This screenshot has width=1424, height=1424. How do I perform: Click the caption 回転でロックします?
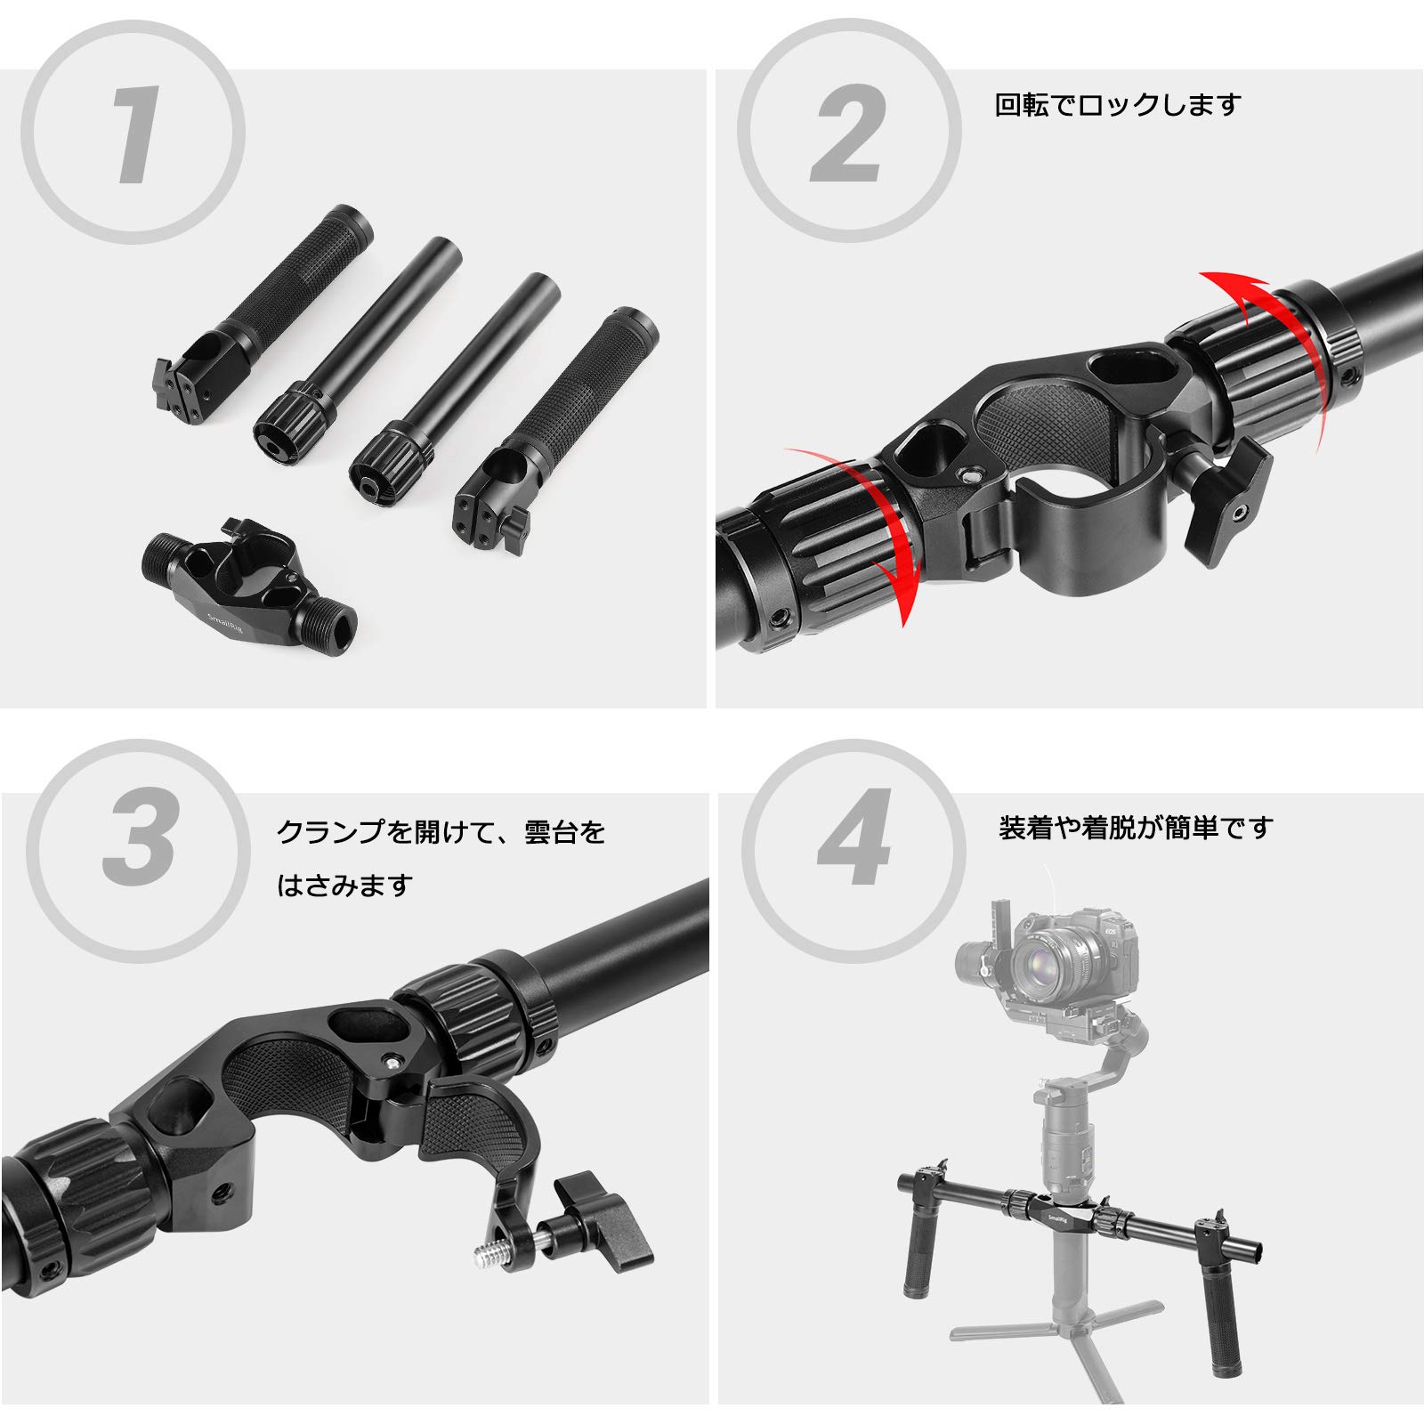click(x=1117, y=106)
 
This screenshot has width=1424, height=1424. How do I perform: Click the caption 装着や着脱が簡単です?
click(x=1136, y=828)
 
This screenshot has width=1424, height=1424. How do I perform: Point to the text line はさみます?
click(x=345, y=886)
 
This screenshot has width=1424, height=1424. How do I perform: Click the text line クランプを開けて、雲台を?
click(x=441, y=832)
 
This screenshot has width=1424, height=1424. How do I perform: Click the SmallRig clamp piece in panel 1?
click(x=250, y=578)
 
